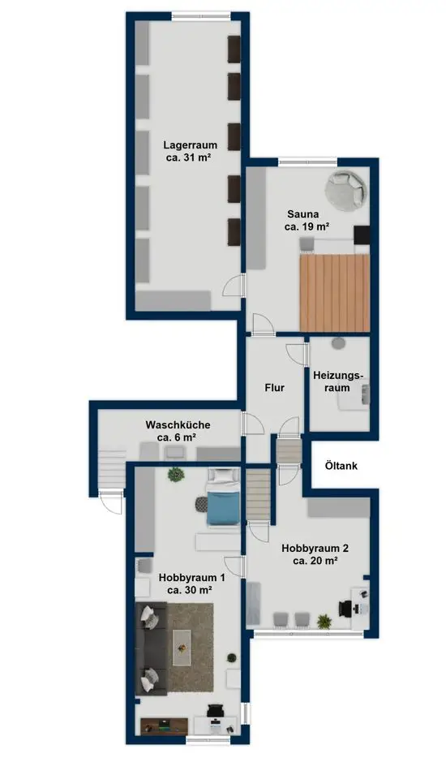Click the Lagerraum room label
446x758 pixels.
[190, 144]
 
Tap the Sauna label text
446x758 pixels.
[303, 213]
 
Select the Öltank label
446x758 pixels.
[341, 466]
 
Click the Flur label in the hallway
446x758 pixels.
[274, 388]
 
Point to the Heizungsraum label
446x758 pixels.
[337, 381]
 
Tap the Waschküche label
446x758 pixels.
[178, 425]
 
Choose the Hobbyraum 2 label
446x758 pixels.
[315, 548]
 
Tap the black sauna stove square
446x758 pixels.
[362, 235]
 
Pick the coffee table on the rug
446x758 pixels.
[182, 648]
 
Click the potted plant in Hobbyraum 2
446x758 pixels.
[324, 621]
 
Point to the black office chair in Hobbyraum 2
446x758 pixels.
[346, 608]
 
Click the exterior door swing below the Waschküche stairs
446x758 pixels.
[112, 502]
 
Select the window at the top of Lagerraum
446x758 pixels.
[201, 17]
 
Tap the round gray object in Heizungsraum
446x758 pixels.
[338, 343]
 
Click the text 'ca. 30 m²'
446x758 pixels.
[190, 589]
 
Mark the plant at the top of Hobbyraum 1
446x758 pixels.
[176, 475]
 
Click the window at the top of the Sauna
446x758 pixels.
[307, 162]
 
